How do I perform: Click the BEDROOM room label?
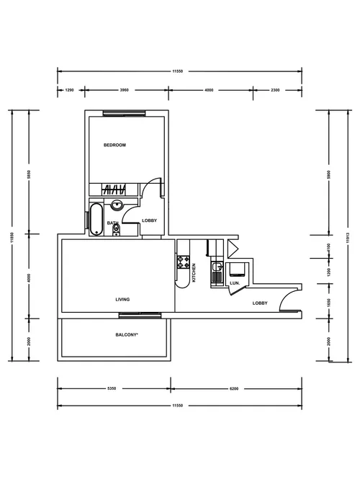[x=114, y=146]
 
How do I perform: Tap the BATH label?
[x=112, y=223]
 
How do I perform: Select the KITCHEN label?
[x=194, y=272]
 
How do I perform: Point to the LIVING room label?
[x=122, y=300]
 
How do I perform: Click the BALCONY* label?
[x=127, y=335]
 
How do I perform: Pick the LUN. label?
[x=234, y=283]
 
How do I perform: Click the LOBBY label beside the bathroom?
[x=150, y=220]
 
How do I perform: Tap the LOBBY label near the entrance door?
[x=260, y=303]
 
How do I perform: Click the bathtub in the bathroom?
[x=96, y=219]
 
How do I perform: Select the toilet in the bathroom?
[x=116, y=230]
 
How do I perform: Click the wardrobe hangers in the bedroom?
[x=115, y=190]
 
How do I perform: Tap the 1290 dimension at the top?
[x=70, y=90]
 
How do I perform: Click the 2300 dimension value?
[x=276, y=90]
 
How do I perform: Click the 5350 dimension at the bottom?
[x=112, y=388]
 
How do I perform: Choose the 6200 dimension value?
[x=234, y=388]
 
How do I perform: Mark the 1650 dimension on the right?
[x=328, y=306]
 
